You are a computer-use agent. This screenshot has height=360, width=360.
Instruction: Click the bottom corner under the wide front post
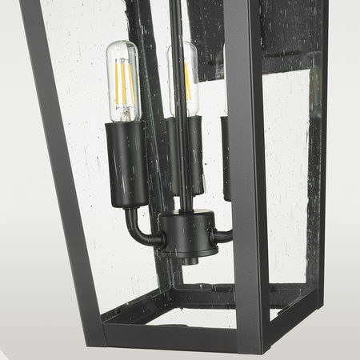click(x=255, y=340)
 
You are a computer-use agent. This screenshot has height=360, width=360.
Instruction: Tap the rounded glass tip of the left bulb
click(x=123, y=46)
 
